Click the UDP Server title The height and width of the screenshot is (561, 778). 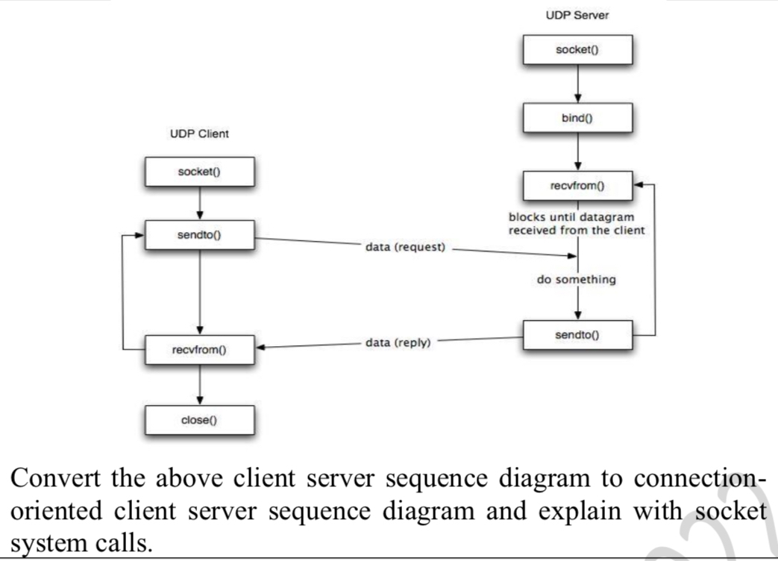(577, 16)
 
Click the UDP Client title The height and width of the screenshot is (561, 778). (200, 134)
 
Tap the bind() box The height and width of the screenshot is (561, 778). (577, 116)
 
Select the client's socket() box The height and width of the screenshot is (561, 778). (200, 172)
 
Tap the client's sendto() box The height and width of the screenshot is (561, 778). (200, 236)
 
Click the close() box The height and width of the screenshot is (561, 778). (200, 420)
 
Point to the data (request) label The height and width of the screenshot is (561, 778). (405, 247)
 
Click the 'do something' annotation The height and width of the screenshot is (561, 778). (577, 280)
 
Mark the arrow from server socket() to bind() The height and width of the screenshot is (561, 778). (578, 83)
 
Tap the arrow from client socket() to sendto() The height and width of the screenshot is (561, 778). (200, 203)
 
